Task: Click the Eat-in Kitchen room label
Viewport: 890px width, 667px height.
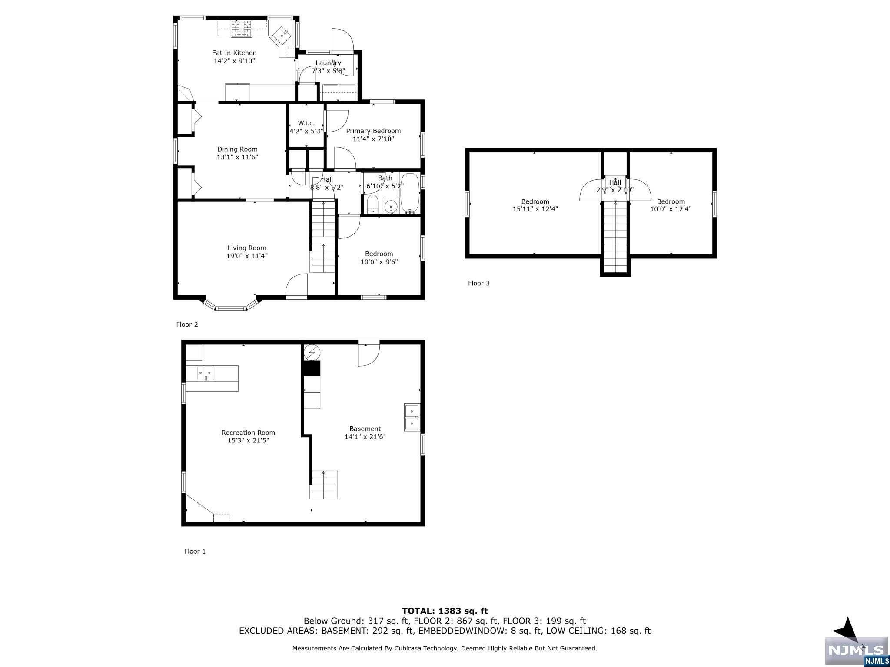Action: click(x=234, y=53)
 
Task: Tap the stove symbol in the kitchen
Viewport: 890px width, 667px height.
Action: click(x=242, y=29)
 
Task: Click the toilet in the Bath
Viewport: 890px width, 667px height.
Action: click(x=373, y=204)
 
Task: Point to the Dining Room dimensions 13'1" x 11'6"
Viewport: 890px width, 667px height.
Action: click(x=237, y=157)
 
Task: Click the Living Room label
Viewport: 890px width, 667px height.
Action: click(x=247, y=248)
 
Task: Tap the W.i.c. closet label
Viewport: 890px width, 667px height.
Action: click(x=306, y=123)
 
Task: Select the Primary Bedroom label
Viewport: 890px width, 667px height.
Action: click(x=373, y=131)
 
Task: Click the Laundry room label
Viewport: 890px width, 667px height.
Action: click(x=328, y=63)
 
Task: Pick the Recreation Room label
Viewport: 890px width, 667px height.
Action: click(x=248, y=433)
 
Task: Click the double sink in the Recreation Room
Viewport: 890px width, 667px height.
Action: click(x=206, y=373)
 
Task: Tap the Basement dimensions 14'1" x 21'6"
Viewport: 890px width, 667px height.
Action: click(x=365, y=436)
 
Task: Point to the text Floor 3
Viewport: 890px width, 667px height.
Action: click(x=479, y=283)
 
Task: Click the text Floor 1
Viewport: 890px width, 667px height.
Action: click(x=195, y=551)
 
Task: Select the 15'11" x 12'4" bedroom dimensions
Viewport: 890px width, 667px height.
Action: click(x=535, y=209)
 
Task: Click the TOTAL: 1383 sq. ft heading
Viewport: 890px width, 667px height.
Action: click(x=445, y=611)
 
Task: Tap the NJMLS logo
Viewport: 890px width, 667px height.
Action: click(x=857, y=650)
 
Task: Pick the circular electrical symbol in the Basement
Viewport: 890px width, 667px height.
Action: click(x=312, y=353)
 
